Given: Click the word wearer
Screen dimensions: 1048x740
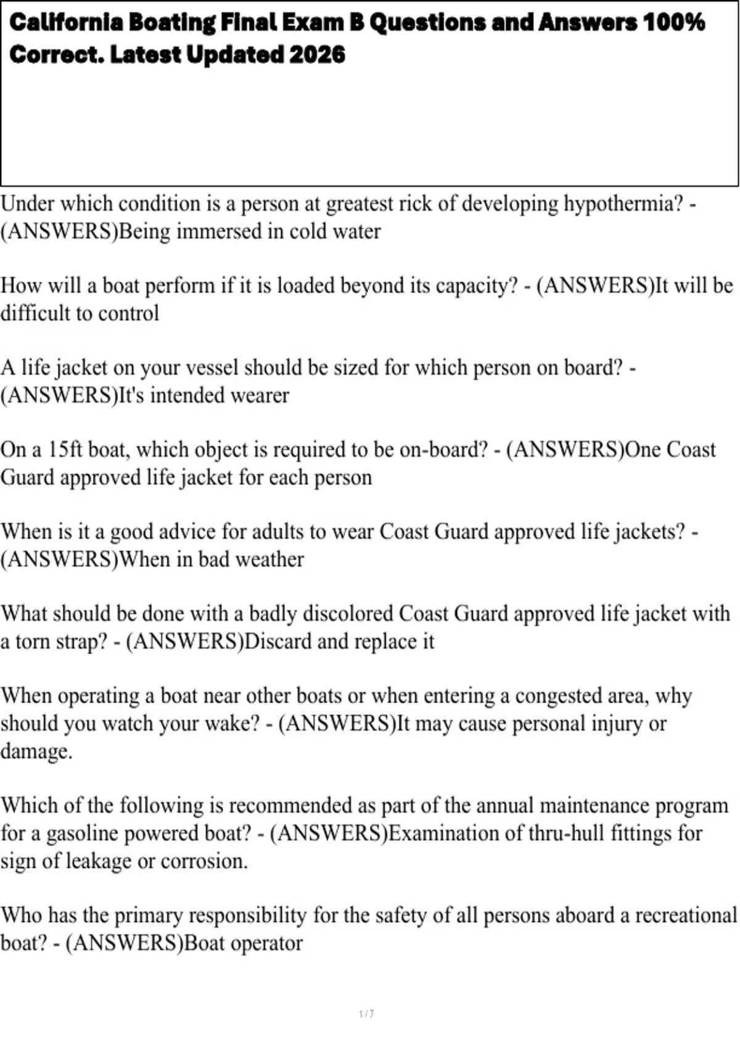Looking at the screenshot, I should tap(260, 395).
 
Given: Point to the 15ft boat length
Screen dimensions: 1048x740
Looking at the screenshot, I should tap(65, 449).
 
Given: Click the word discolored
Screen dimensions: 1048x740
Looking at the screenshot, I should tap(347, 613).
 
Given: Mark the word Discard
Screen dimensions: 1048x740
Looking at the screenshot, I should tap(279, 641).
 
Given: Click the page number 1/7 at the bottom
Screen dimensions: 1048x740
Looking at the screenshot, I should tap(366, 1013).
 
